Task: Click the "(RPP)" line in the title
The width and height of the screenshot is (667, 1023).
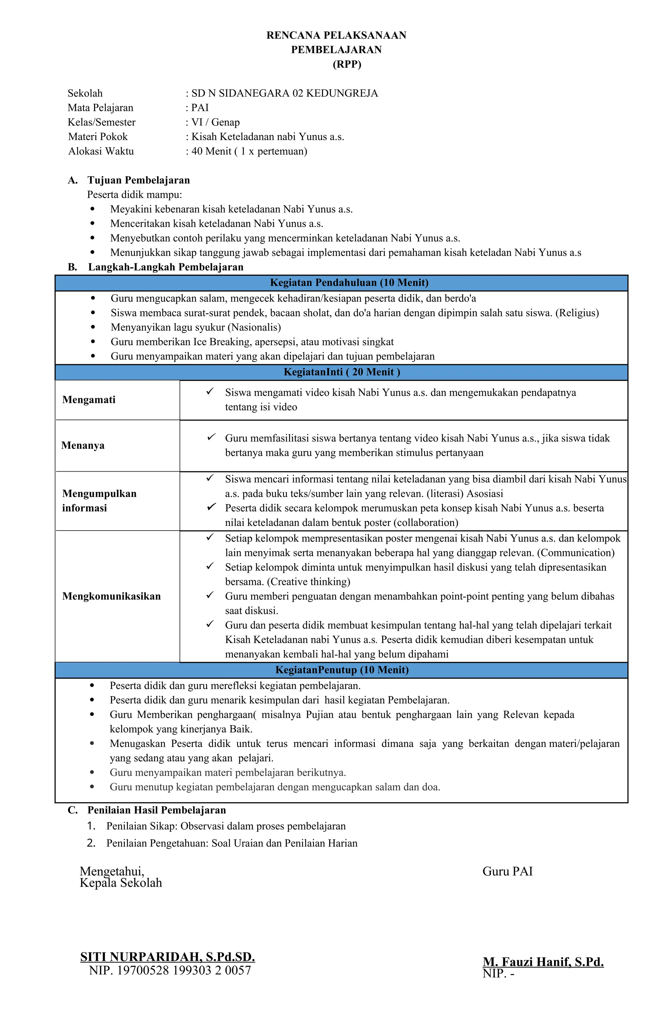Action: tap(347, 64)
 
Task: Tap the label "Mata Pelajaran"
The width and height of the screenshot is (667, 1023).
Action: tap(100, 107)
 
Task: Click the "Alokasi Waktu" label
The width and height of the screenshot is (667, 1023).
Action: tap(101, 151)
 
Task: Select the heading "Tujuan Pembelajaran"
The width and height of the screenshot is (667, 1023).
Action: tap(138, 180)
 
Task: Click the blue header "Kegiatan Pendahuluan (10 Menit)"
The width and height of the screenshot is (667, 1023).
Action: tap(349, 283)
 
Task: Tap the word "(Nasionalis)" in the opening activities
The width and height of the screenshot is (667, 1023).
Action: tap(255, 327)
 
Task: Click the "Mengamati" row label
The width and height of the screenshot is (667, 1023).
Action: tap(89, 400)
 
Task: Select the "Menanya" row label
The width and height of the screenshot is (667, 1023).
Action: tap(83, 445)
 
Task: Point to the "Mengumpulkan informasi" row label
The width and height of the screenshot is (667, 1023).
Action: tap(99, 500)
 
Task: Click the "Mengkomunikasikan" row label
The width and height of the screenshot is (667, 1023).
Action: tap(111, 596)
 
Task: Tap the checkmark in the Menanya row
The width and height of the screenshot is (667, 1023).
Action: tap(211, 437)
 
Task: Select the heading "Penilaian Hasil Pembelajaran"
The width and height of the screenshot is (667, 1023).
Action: tap(157, 810)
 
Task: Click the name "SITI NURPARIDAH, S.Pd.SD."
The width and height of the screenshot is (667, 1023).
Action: tap(167, 957)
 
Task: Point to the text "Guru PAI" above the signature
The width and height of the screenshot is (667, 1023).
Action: tap(507, 872)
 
